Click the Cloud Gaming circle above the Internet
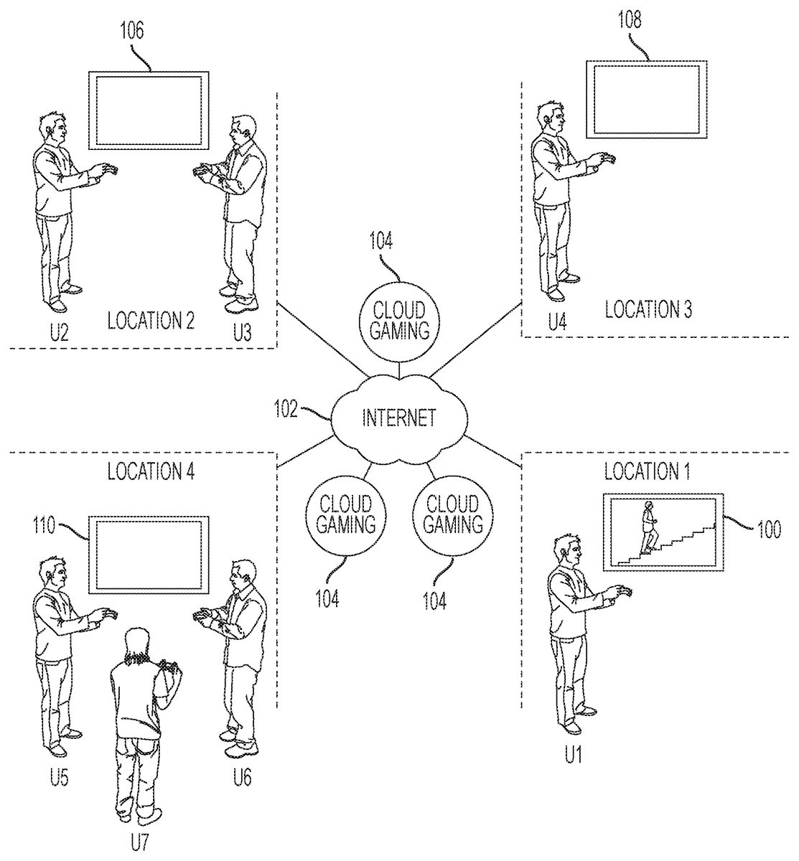(393, 320)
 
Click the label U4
(558, 321)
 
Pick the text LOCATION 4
(151, 471)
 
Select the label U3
(242, 331)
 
